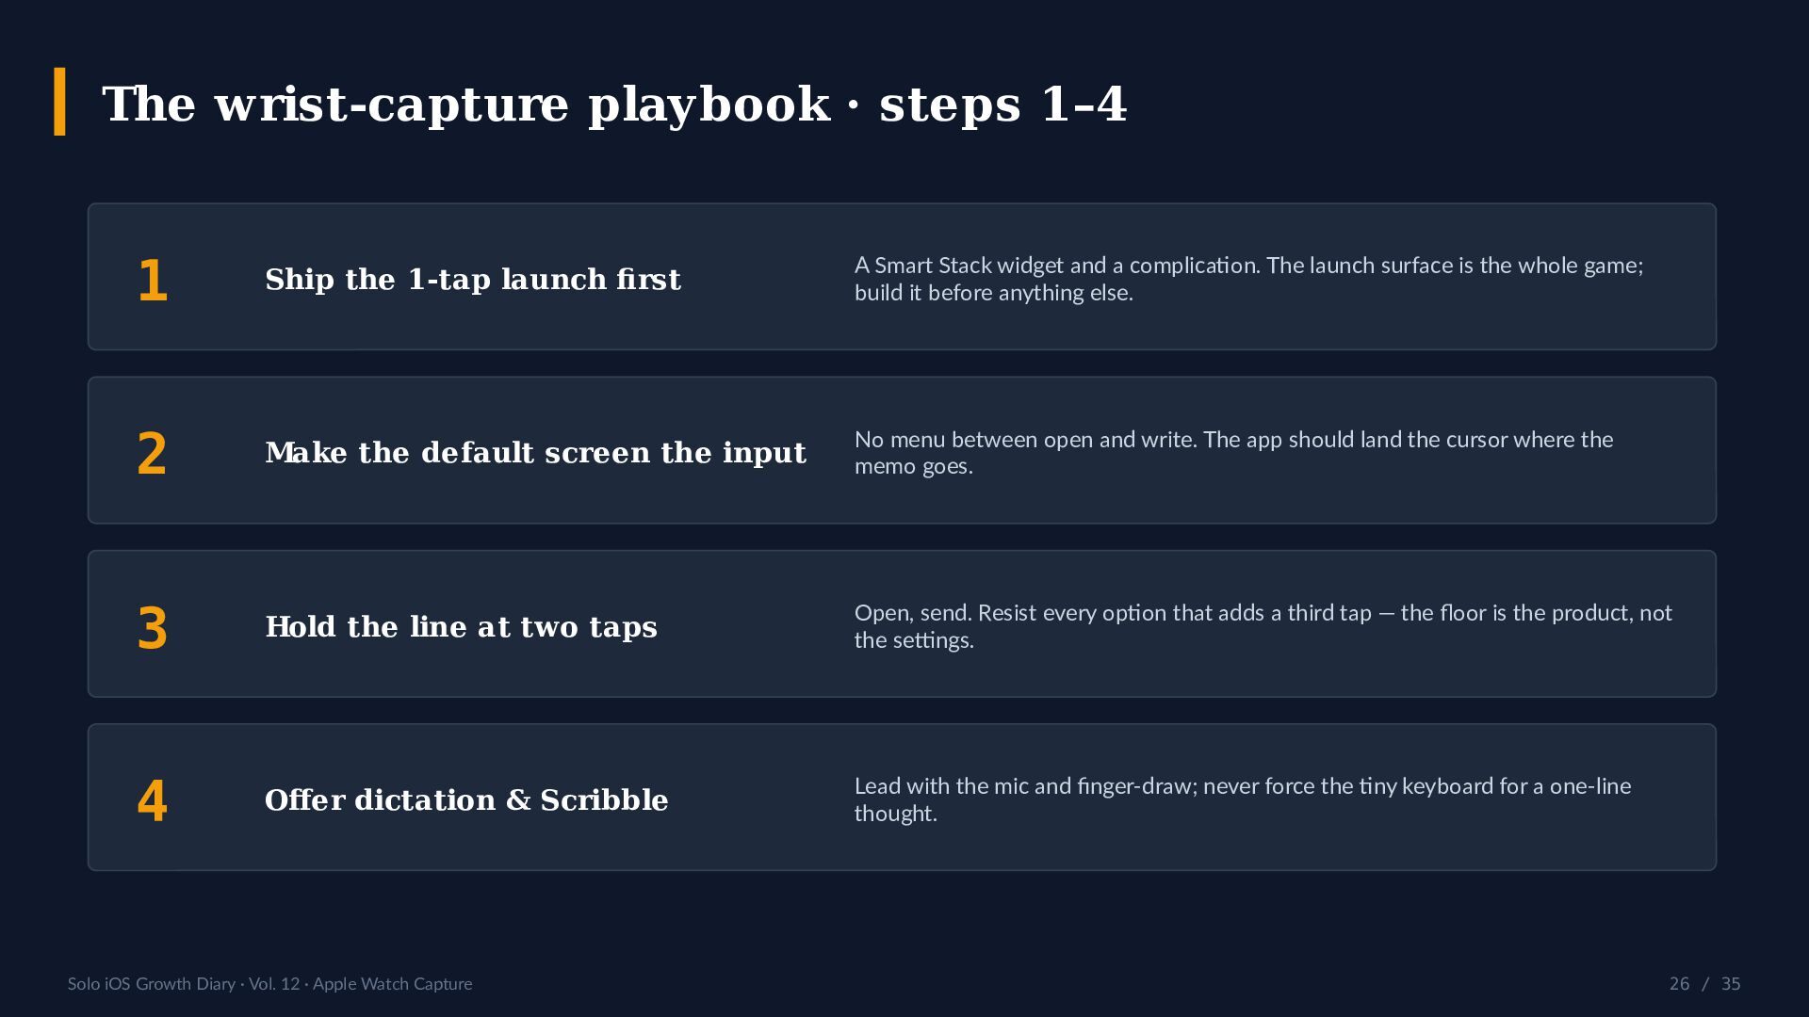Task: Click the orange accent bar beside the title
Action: [x=60, y=102]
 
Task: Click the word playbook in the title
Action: [x=709, y=104]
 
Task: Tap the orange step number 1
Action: [x=153, y=281]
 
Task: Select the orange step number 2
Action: [x=152, y=454]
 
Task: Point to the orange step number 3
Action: [x=152, y=628]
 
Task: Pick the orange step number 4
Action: [x=152, y=801]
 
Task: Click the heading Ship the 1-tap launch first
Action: [x=473, y=280]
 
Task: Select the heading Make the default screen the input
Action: [x=535, y=453]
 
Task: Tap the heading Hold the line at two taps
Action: [x=461, y=627]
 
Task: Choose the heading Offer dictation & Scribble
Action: [x=466, y=800]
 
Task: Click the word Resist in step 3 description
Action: [x=1007, y=613]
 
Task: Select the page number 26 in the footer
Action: [x=1679, y=984]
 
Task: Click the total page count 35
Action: [x=1731, y=984]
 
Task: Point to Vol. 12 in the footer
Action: [x=274, y=984]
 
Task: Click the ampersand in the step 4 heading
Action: [x=518, y=800]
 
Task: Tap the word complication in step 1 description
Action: [x=1195, y=266]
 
